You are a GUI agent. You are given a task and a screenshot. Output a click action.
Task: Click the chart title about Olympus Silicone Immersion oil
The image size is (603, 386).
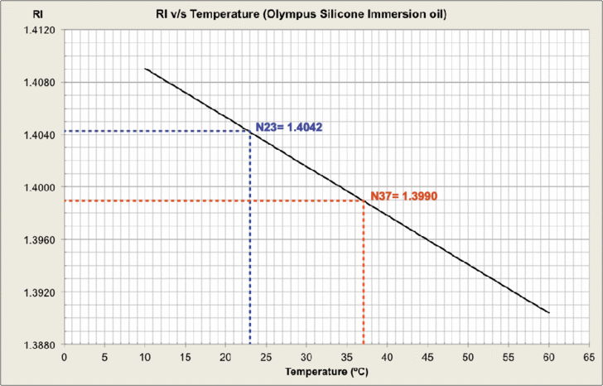[301, 14]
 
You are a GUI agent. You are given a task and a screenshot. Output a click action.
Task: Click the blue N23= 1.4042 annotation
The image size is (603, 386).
[288, 127]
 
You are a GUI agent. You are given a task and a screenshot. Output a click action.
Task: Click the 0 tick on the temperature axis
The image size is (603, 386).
[64, 358]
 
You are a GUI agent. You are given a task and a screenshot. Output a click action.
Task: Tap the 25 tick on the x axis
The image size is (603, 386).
[266, 358]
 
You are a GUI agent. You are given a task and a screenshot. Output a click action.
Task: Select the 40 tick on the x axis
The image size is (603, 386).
[387, 358]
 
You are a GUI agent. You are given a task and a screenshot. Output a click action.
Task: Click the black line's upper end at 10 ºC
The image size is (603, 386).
[145, 69]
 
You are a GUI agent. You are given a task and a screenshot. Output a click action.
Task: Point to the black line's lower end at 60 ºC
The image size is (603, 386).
[549, 312]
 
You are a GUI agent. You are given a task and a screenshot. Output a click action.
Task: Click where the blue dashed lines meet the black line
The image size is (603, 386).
[250, 131]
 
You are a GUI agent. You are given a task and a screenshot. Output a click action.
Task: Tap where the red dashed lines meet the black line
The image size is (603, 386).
[364, 200]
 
